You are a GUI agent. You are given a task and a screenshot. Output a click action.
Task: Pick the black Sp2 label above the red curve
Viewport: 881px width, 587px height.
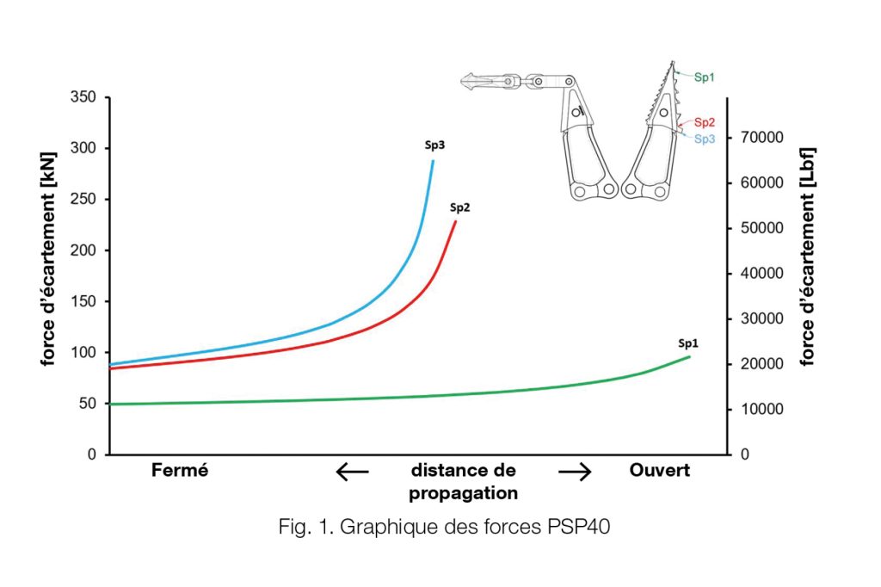[459, 207]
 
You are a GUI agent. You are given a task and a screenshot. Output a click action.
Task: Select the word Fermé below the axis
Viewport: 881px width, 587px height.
[180, 471]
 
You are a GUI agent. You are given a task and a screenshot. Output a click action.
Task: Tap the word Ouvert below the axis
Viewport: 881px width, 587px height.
[660, 471]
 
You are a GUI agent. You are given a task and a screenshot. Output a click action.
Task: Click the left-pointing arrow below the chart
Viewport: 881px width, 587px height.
[352, 472]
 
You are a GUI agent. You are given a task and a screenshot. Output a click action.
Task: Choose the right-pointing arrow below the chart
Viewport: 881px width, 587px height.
[575, 472]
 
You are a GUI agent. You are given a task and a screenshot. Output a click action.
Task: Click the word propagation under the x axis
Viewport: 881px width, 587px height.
[463, 493]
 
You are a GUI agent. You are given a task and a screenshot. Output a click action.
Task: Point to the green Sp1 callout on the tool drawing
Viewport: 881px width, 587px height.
[704, 77]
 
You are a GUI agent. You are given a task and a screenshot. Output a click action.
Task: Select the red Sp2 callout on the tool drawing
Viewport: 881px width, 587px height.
[704, 122]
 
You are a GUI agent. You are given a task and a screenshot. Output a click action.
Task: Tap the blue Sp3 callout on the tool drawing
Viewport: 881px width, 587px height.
[704, 138]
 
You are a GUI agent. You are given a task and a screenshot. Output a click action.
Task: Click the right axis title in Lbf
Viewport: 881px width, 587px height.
[809, 256]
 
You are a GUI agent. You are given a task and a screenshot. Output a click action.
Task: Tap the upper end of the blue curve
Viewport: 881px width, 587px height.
[434, 161]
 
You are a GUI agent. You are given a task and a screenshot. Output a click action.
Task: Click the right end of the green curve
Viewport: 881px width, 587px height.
[689, 356]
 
